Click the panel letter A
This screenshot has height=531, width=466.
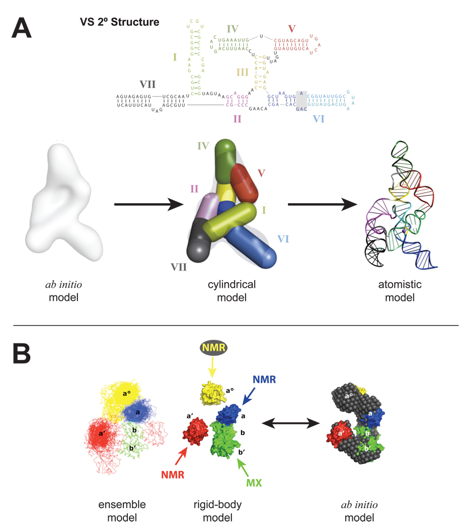point(22,28)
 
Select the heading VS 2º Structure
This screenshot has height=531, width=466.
point(119,22)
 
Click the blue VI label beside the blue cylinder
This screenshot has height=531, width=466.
point(286,238)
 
